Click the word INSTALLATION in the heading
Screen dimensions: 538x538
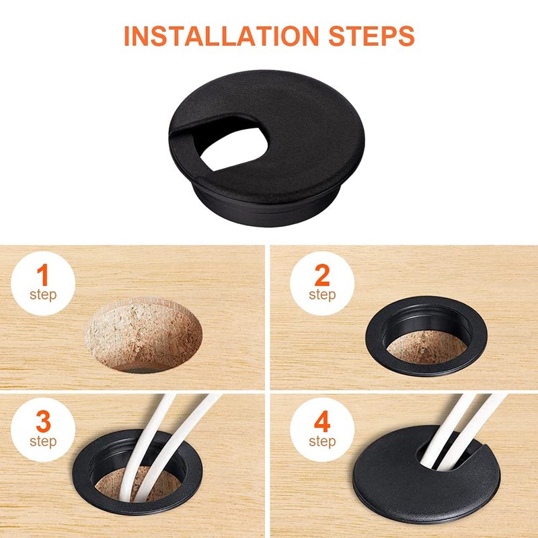click(221, 36)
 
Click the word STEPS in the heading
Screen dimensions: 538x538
click(372, 36)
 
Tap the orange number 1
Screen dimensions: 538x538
click(42, 275)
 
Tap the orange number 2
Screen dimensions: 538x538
click(322, 275)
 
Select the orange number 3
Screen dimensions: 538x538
click(43, 422)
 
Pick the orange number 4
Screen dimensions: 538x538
click(322, 422)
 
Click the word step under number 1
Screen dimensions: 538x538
click(43, 295)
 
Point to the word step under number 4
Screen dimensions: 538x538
click(322, 441)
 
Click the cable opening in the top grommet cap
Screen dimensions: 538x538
click(233, 149)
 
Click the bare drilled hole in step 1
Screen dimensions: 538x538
click(143, 335)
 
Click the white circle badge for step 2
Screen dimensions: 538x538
click(322, 283)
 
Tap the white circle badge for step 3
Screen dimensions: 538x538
click(43, 430)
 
